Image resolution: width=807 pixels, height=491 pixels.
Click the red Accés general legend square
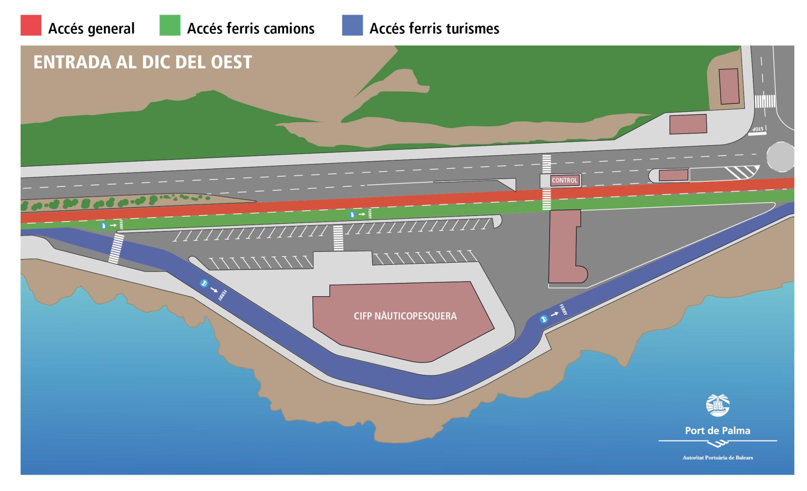click(31, 26)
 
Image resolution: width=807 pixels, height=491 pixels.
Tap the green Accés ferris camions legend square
click(170, 26)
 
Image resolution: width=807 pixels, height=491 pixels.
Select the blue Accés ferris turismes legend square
click(352, 26)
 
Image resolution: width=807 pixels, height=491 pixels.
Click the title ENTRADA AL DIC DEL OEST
click(143, 63)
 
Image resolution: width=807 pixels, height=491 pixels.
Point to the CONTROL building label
click(564, 181)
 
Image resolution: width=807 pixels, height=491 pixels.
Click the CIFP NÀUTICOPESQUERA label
click(405, 316)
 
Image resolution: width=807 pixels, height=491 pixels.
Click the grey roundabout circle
click(780, 157)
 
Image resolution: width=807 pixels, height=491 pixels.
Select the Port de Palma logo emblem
click(718, 405)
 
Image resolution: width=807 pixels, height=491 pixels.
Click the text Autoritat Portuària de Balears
click(718, 458)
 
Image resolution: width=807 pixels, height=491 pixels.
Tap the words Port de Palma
click(718, 430)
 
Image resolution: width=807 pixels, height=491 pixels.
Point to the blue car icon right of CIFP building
click(544, 319)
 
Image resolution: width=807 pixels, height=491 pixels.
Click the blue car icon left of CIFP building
click(204, 283)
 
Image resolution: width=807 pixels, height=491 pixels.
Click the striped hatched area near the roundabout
click(742, 173)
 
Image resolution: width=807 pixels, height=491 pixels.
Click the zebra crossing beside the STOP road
click(765, 101)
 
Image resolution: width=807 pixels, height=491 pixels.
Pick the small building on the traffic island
click(673, 175)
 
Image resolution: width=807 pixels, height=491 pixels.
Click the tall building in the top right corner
click(729, 87)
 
